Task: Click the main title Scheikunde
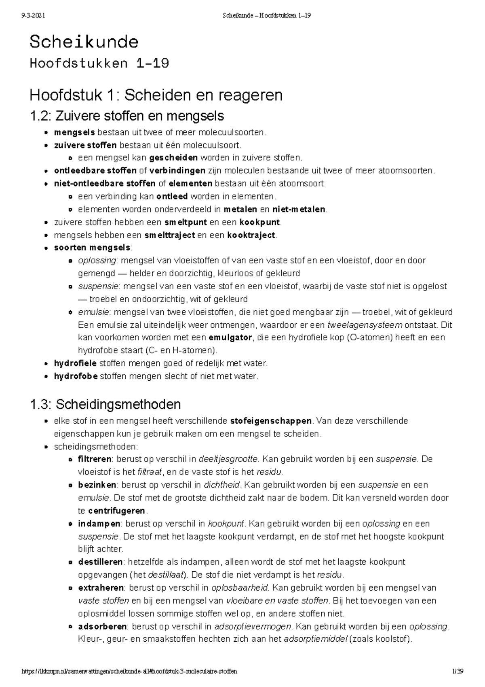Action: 84,42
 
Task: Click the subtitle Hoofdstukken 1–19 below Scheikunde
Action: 99,64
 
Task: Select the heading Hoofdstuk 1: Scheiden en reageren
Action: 156,95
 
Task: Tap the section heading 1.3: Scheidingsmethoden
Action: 105,404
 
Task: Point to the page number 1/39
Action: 458,671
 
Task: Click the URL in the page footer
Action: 129,671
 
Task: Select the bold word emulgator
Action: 230,337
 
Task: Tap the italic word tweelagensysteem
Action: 365,325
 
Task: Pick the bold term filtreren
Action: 95,459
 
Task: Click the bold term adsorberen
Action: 103,626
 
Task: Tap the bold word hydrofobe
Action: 76,376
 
